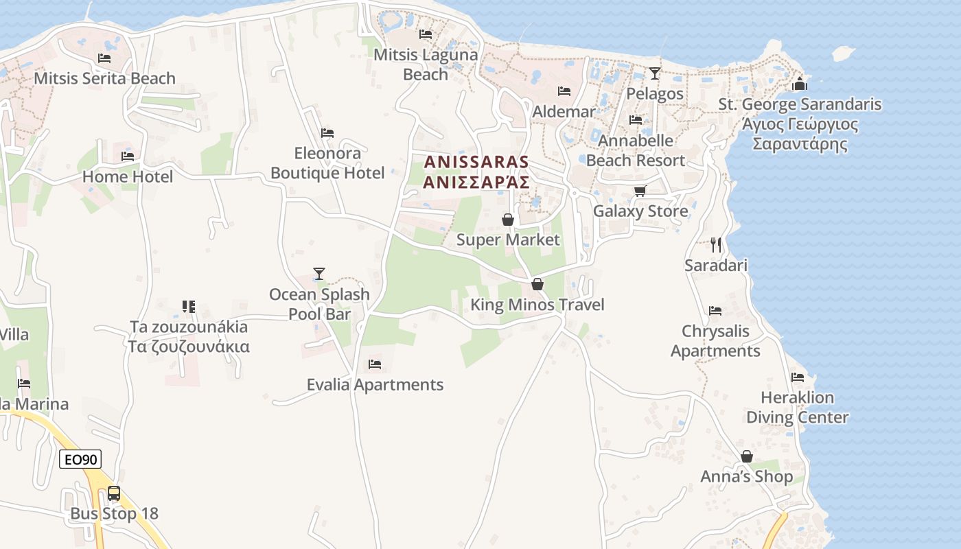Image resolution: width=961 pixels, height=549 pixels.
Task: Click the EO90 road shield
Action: pyautogui.click(x=80, y=459)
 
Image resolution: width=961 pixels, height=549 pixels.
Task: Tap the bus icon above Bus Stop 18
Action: pyautogui.click(x=114, y=493)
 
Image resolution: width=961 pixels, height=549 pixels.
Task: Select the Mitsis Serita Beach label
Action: pyautogui.click(x=104, y=78)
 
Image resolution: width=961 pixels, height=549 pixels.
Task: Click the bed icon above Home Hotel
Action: pyautogui.click(x=128, y=156)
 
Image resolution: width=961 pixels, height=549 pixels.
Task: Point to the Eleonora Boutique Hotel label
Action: pyautogui.click(x=327, y=163)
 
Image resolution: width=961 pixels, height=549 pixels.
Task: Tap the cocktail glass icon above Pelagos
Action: pyautogui.click(x=655, y=73)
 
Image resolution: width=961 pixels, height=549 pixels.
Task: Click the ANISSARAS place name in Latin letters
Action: pyautogui.click(x=477, y=162)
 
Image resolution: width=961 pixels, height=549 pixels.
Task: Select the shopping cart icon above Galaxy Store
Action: pyautogui.click(x=640, y=191)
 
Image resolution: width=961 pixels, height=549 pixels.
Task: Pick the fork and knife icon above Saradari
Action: pyautogui.click(x=716, y=244)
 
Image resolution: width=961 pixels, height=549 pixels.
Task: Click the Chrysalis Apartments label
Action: pyautogui.click(x=715, y=341)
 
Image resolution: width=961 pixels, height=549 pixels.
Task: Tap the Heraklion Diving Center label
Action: pyautogui.click(x=797, y=408)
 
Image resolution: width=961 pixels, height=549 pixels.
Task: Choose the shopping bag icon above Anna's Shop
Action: pyautogui.click(x=747, y=456)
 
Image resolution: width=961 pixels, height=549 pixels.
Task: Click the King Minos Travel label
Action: pyautogui.click(x=537, y=305)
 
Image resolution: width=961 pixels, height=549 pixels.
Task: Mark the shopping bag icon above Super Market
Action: pyautogui.click(x=508, y=220)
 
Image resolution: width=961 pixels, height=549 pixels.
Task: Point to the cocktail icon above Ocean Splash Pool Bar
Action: pyautogui.click(x=319, y=274)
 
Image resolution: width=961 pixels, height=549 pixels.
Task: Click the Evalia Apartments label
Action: pyautogui.click(x=375, y=384)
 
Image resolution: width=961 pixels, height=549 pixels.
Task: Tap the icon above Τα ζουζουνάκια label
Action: pyautogui.click(x=189, y=306)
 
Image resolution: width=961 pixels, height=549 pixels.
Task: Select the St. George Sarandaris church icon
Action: pyautogui.click(x=799, y=84)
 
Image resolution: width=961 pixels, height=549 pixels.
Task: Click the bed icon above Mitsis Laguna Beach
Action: pyautogui.click(x=426, y=34)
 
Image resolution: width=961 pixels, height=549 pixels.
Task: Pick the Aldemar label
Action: pyautogui.click(x=564, y=111)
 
